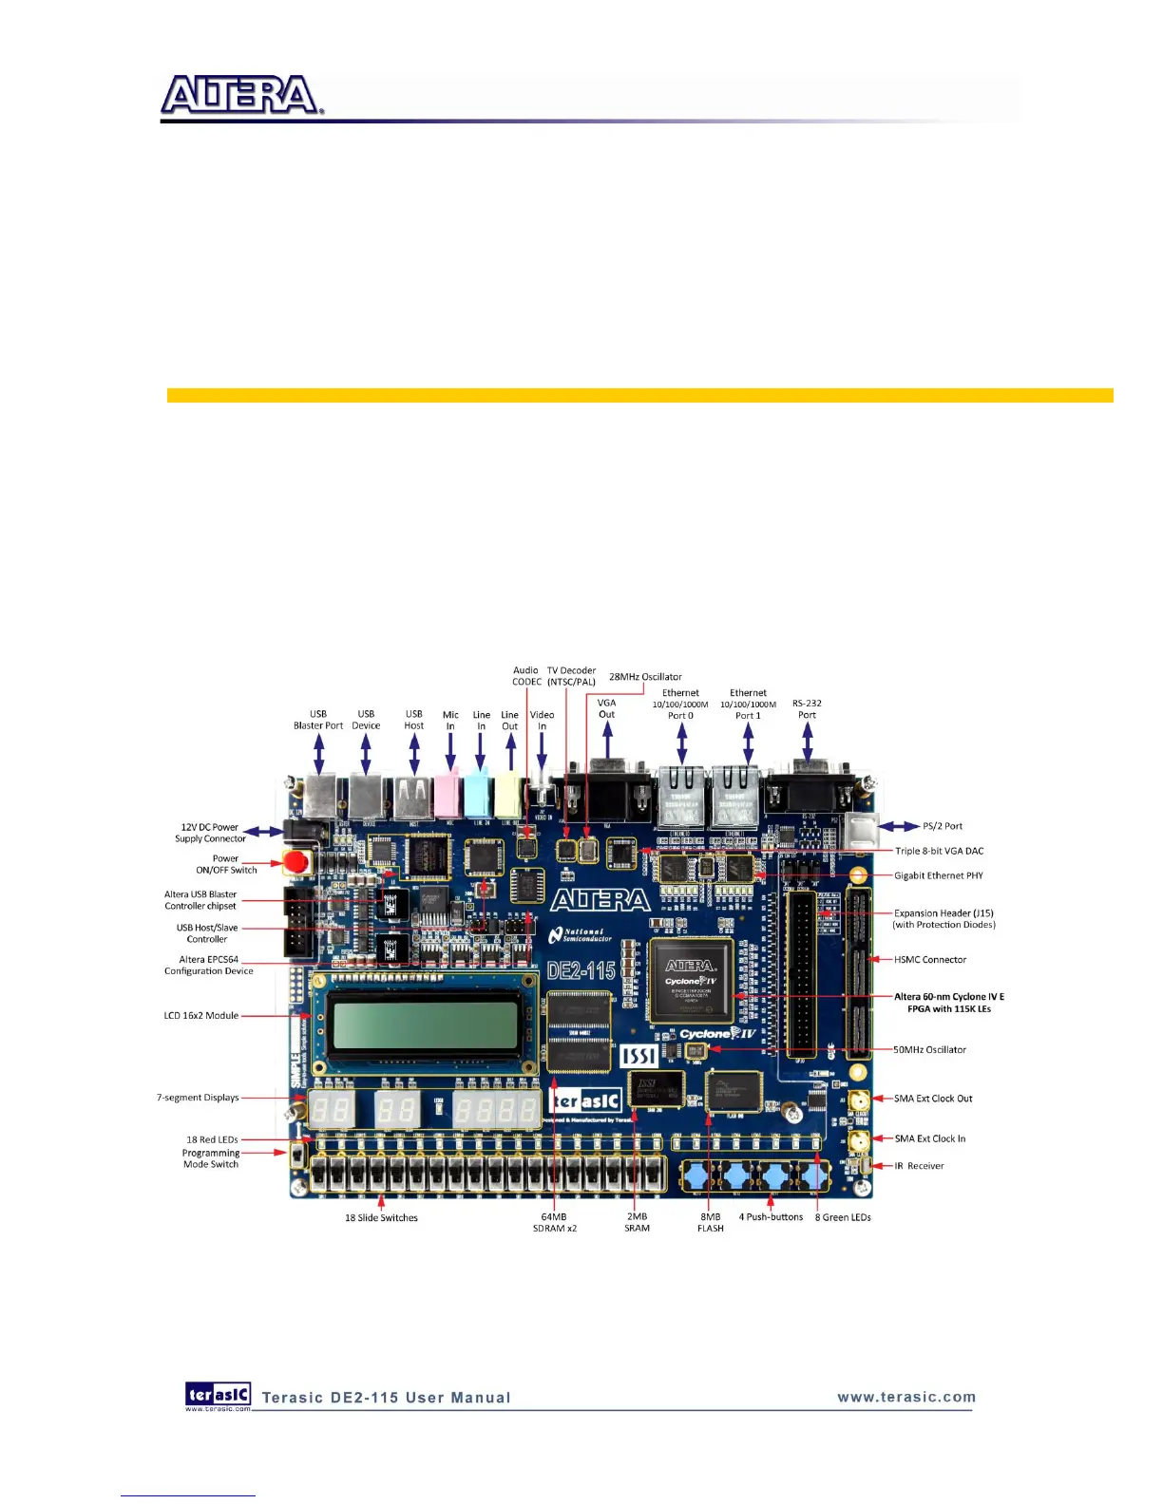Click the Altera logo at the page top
click(241, 96)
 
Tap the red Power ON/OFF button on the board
click(297, 862)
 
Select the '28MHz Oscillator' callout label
click(645, 677)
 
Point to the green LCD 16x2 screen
click(425, 1023)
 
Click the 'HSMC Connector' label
click(929, 960)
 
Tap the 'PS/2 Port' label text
click(942, 826)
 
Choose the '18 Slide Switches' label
click(381, 1218)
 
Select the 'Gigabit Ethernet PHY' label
click(938, 875)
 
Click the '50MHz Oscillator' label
click(929, 1050)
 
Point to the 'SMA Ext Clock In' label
click(929, 1138)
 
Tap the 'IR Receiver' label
click(919, 1166)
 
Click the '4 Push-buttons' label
click(771, 1217)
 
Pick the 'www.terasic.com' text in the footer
click(906, 1397)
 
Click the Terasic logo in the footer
click(219, 1395)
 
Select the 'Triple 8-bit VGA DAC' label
click(939, 851)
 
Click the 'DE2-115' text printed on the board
click(581, 970)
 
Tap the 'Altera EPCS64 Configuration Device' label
click(209, 966)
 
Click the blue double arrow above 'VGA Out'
click(607, 741)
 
